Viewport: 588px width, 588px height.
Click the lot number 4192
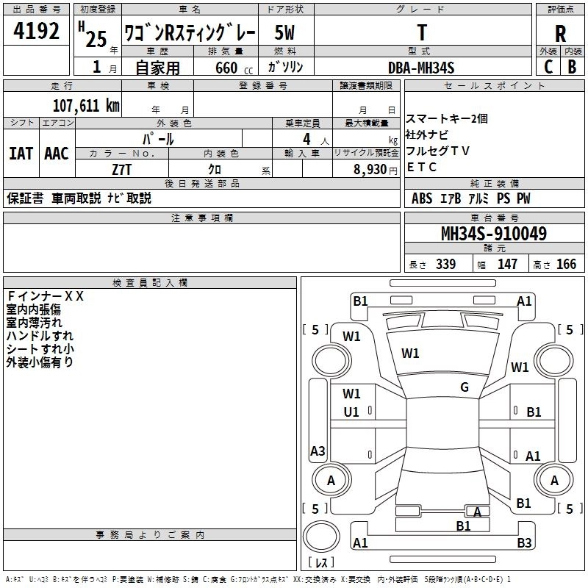[37, 32]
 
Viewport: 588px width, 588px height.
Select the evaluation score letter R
[560, 33]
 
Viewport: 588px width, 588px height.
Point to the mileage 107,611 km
[86, 106]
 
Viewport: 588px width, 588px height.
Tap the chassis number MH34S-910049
[493, 234]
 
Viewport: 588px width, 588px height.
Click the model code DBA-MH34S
[421, 68]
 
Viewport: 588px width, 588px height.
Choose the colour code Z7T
[122, 169]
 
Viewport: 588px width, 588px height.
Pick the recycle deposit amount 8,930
[370, 169]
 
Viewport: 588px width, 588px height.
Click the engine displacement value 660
[226, 68]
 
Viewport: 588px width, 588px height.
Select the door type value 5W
[286, 33]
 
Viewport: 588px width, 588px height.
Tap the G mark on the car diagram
[465, 387]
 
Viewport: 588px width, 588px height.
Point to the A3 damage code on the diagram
[318, 451]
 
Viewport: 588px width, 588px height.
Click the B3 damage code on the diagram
[524, 543]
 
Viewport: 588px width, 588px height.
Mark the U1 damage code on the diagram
[351, 412]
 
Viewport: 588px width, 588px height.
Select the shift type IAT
[21, 154]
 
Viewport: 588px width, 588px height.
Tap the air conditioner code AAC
[57, 154]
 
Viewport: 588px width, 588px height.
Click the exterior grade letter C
[548, 67]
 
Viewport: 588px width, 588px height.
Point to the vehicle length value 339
[445, 265]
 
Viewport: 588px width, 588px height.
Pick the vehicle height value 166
[566, 265]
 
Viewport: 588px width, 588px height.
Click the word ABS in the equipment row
[422, 198]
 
